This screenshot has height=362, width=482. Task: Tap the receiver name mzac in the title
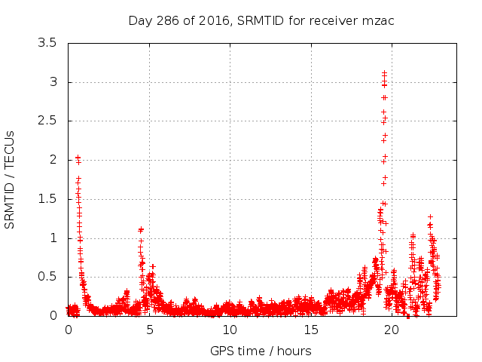379,20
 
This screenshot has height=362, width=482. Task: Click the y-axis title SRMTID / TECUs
11,179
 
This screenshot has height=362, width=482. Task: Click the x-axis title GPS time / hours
261,351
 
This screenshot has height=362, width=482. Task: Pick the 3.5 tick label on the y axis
47,43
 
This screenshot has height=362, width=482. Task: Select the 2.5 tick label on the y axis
47,121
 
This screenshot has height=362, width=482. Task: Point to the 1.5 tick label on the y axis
47,199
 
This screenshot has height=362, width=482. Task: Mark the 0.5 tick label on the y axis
47,277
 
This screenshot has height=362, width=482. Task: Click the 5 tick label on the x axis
149,330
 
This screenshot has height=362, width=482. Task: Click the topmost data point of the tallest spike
384,73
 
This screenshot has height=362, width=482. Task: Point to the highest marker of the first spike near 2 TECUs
78,158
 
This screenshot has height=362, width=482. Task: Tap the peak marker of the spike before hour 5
140,229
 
